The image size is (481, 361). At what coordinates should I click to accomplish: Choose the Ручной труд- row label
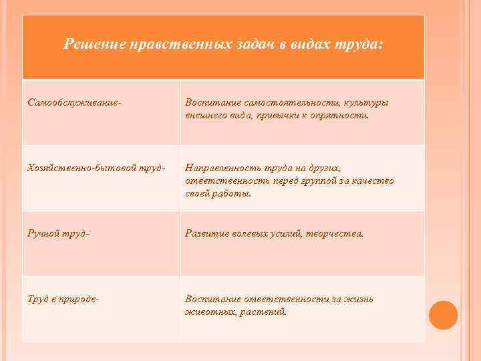(x=59, y=234)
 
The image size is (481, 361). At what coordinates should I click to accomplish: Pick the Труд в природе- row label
(x=64, y=299)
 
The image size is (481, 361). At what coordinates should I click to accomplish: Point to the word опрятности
(x=339, y=115)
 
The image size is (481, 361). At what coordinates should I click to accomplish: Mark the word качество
(x=374, y=180)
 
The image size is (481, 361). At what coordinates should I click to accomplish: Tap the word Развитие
(x=206, y=234)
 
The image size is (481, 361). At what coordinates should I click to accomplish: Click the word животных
(x=207, y=311)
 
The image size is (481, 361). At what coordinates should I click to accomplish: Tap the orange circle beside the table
(x=443, y=315)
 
